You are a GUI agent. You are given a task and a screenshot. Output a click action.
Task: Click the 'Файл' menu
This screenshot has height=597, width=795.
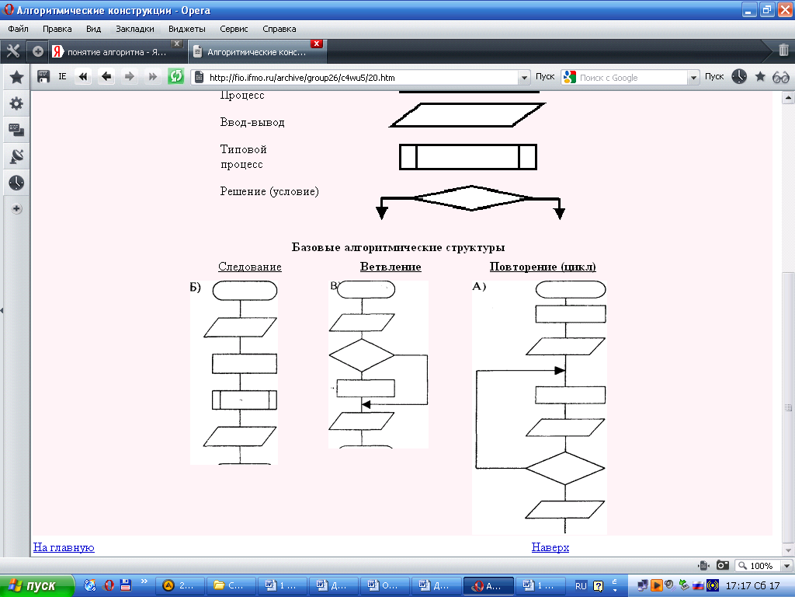pyautogui.click(x=18, y=29)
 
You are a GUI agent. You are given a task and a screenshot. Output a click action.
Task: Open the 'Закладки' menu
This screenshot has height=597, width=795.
pyautogui.click(x=134, y=29)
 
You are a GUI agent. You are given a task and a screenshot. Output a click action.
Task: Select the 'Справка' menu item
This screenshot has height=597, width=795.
pyautogui.click(x=279, y=29)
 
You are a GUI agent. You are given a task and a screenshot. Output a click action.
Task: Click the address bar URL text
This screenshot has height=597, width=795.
pyautogui.click(x=302, y=78)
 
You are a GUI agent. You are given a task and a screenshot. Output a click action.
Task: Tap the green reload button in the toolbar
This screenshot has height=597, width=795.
pyautogui.click(x=176, y=76)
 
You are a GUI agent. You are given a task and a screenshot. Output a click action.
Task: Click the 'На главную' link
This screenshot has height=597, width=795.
pyautogui.click(x=64, y=547)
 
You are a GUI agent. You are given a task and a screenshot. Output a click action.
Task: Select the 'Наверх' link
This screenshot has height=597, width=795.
pyautogui.click(x=550, y=547)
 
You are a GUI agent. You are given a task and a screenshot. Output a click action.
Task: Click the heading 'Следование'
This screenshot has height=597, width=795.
pyautogui.click(x=250, y=267)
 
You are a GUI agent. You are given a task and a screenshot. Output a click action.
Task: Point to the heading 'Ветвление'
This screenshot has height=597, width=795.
pyautogui.click(x=391, y=267)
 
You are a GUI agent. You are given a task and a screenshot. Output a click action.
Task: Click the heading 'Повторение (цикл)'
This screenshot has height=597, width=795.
pyautogui.click(x=543, y=267)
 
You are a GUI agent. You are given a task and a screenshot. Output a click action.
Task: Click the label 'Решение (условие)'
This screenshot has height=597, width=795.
pyautogui.click(x=269, y=191)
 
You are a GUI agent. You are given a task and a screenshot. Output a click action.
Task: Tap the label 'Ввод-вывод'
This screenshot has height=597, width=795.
pyautogui.click(x=252, y=123)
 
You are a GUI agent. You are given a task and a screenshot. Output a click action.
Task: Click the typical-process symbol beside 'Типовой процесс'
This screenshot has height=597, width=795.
pyautogui.click(x=468, y=157)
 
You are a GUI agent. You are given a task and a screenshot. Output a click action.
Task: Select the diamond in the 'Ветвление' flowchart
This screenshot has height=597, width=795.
pyautogui.click(x=362, y=355)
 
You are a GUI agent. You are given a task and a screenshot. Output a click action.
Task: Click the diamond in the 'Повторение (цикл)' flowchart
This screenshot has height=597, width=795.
pyautogui.click(x=565, y=469)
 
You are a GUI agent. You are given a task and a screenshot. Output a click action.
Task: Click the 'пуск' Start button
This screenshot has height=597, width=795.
pyautogui.click(x=37, y=585)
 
